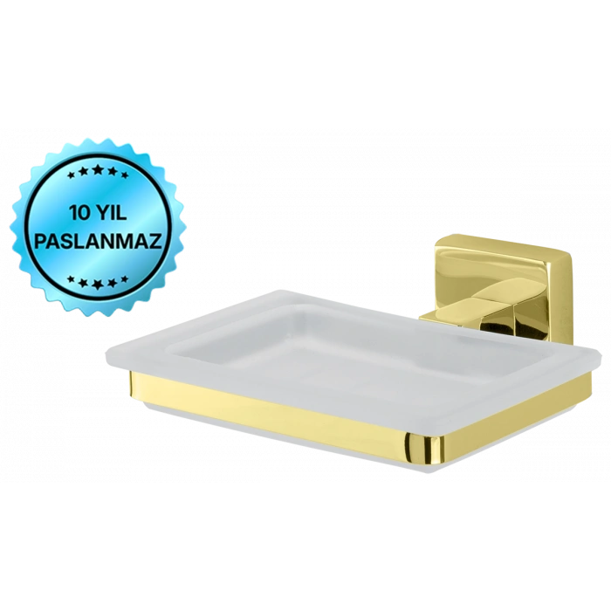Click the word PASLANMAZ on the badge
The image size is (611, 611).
click(98, 241)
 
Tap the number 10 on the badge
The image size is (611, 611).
click(79, 213)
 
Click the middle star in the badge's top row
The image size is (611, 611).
click(98, 169)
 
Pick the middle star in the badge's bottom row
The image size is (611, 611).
click(98, 285)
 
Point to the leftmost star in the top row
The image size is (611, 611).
click(71, 175)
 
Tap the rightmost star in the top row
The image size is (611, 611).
click(125, 175)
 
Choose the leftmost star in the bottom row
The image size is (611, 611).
click(71, 279)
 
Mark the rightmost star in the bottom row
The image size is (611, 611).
click(125, 279)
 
